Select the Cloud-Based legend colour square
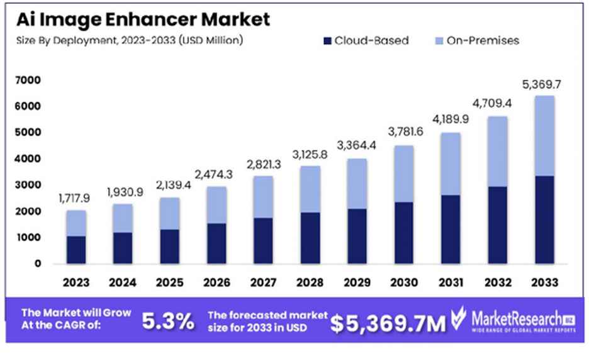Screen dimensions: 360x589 click(x=327, y=41)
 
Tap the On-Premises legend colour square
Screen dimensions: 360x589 click(x=439, y=41)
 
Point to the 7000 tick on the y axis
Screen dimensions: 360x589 click(x=30, y=80)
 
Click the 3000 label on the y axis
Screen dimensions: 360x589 click(x=30, y=185)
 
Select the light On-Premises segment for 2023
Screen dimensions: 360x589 click(x=76, y=223)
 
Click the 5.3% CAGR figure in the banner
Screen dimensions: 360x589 click(x=167, y=322)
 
